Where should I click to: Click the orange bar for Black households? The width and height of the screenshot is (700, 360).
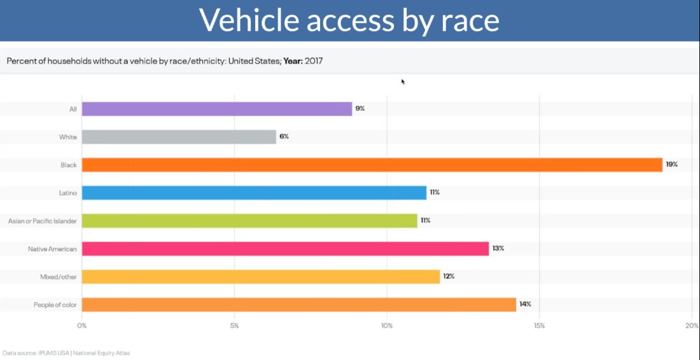coord(372,165)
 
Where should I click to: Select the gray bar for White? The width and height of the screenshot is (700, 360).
coord(179,137)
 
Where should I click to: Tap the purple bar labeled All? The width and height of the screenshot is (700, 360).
coord(217,109)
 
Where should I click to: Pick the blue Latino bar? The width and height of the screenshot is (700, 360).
coord(254,193)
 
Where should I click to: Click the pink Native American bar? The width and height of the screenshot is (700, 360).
coord(285,249)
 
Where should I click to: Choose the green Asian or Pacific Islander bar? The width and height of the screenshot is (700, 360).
coord(249,221)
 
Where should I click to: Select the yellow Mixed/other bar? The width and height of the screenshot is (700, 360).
coord(261,277)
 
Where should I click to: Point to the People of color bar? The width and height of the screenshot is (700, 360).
coord(299,305)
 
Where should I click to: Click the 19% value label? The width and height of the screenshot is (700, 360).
coord(671,165)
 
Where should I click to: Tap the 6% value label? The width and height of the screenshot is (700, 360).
coord(284,137)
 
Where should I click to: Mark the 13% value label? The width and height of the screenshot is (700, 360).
coord(498,249)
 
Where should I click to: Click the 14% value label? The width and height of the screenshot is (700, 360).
coord(525,305)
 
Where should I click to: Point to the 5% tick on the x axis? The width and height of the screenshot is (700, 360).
coord(234,326)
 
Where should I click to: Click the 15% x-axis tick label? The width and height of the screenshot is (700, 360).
coord(539,326)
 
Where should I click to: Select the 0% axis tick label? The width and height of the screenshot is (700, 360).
coord(82,326)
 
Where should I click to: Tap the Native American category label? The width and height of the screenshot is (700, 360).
coord(52,249)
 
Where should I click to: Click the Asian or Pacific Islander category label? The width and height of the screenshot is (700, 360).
coord(42,221)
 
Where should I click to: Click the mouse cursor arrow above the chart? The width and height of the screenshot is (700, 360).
coord(403,81)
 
